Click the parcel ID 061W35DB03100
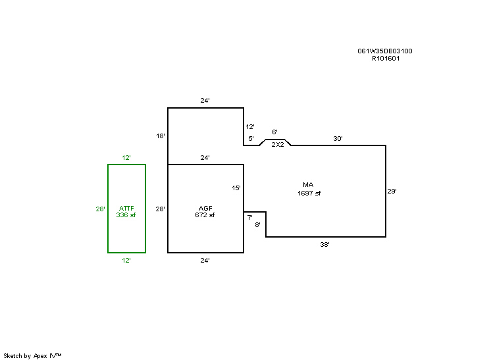click(385, 51)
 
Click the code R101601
click(386, 58)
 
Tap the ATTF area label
click(126, 208)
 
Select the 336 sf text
click(126, 215)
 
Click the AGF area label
click(205, 208)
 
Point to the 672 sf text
click(205, 215)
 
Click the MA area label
click(308, 184)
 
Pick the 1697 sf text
click(309, 193)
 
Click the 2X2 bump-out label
click(277, 145)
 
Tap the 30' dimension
click(338, 139)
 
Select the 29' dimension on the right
click(392, 192)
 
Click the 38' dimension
click(324, 244)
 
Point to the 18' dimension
click(160, 136)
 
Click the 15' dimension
click(236, 188)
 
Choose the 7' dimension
click(249, 217)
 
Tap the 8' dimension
click(258, 225)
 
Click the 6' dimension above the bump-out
click(274, 132)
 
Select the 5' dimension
click(251, 139)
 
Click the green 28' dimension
click(100, 209)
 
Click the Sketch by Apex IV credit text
click(32, 355)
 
